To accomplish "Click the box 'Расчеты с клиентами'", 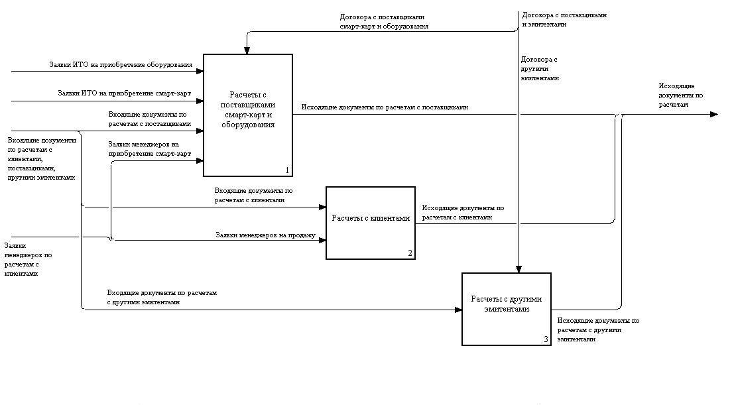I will point(371,223).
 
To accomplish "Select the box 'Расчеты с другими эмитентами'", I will point(506,309).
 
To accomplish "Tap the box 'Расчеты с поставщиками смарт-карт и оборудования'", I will point(247,115).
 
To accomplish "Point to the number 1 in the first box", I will point(286,170).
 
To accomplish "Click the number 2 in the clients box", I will point(410,253).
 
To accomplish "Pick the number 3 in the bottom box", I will point(546,339).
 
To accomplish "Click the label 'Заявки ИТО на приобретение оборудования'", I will point(121,65).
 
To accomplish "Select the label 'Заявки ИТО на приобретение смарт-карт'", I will point(124,93).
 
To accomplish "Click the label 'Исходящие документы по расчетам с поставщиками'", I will point(385,107).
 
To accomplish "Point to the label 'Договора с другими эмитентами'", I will point(540,68).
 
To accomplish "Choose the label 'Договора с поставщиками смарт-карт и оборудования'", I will point(383,22).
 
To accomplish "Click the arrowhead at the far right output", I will point(713,114).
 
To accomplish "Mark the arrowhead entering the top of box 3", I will point(518,268).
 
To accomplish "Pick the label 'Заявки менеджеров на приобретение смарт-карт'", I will point(149,149).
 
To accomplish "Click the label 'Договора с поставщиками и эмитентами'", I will point(564,19).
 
